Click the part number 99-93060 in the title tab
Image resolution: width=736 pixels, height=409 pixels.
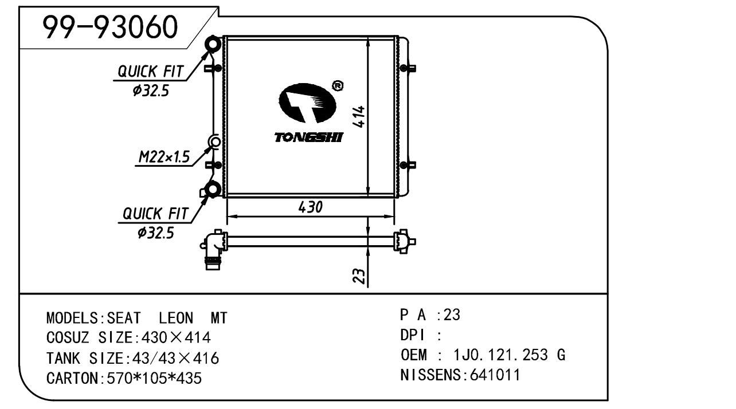[x=111, y=27]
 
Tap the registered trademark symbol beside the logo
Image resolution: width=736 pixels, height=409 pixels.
[x=338, y=86]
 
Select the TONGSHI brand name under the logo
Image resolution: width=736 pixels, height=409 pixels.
[x=308, y=137]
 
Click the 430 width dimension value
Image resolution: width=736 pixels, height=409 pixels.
[x=310, y=207]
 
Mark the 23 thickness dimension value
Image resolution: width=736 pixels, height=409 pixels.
[x=359, y=276]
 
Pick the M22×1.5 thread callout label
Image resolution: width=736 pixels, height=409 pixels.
[x=165, y=157]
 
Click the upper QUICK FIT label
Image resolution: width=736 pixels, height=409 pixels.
[x=151, y=72]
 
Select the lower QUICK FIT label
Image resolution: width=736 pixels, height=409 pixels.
[x=155, y=214]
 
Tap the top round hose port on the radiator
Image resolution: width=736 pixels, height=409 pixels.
[x=213, y=44]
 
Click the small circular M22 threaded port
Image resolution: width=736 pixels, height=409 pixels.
[x=215, y=141]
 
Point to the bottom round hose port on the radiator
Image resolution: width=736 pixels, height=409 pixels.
[x=214, y=189]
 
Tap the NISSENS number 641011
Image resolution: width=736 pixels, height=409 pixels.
[x=495, y=375]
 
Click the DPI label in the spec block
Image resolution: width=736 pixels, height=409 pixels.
[x=411, y=335]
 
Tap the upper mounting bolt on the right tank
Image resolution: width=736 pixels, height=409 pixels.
[x=409, y=69]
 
